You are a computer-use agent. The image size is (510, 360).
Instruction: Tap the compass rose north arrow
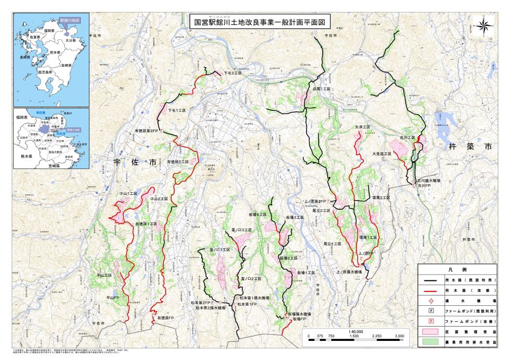pos(484,24)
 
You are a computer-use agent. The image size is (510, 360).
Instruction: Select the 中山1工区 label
pos(128,194)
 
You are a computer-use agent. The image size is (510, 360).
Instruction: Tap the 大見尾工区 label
pos(381,153)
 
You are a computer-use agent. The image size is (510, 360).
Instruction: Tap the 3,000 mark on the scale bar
pos(400,336)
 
